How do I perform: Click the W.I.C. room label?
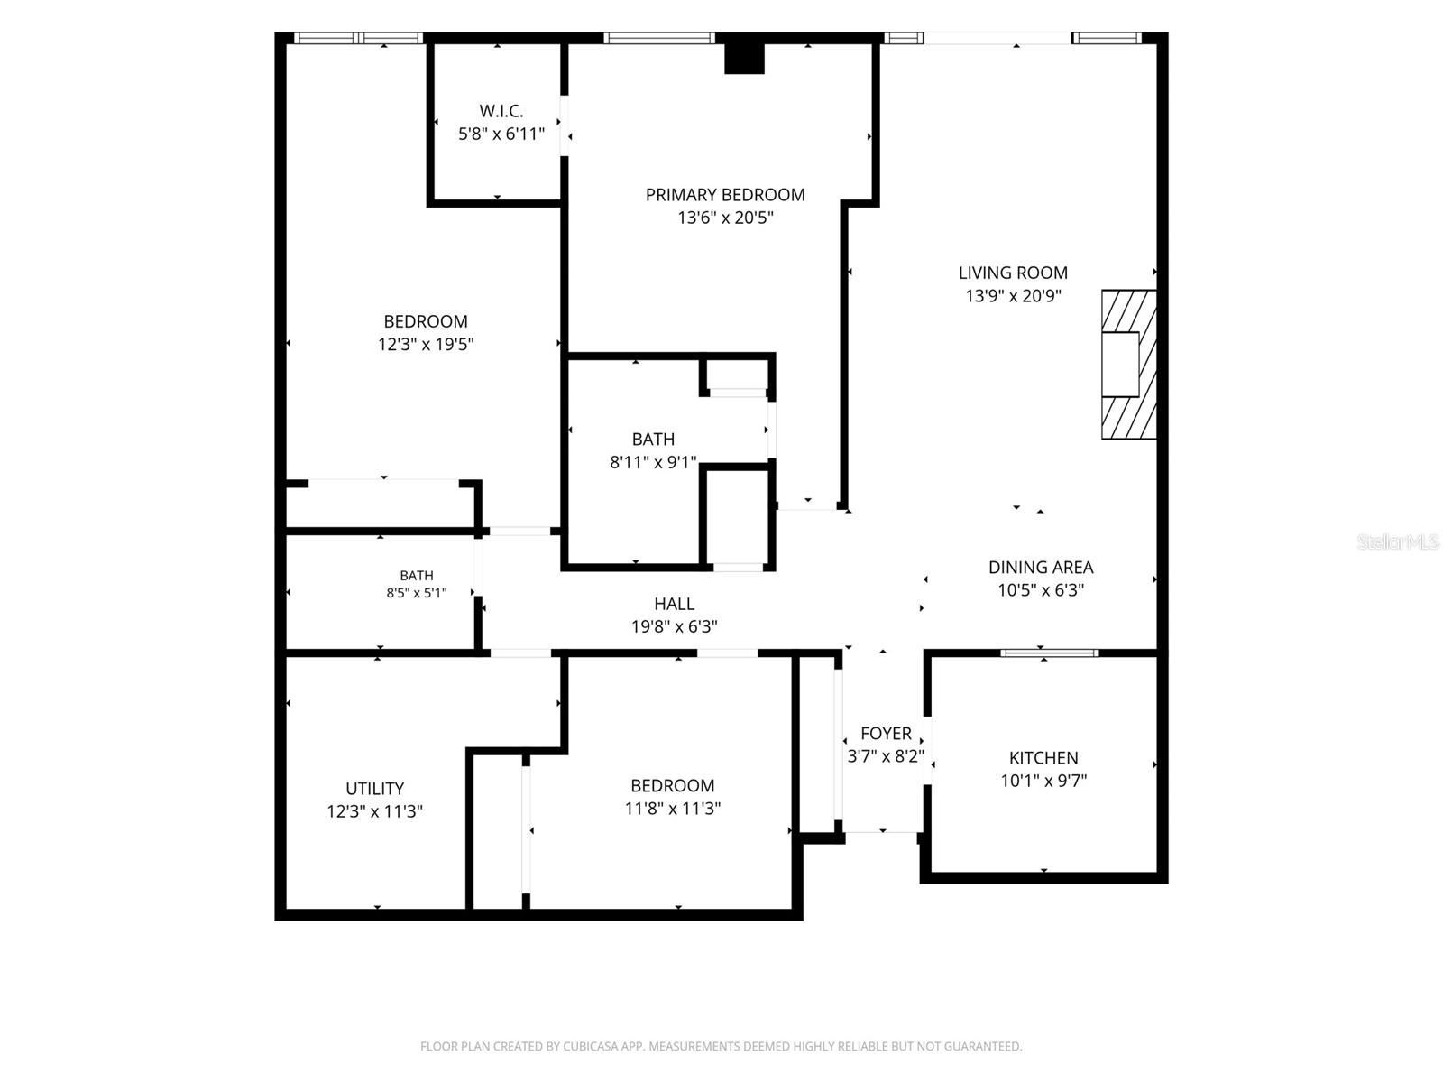501,110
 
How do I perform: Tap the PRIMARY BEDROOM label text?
725,195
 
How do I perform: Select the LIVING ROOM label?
1013,273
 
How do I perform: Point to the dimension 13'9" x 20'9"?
1013,296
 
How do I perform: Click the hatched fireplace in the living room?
1129,365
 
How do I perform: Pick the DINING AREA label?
1041,567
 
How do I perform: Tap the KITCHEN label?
1043,757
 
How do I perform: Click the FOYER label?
886,733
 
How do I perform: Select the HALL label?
674,604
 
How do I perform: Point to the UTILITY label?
374,788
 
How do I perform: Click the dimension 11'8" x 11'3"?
673,808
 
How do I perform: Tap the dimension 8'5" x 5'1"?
416,592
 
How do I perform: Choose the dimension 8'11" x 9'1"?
653,462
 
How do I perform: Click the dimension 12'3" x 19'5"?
426,344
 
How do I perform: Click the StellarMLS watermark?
1398,541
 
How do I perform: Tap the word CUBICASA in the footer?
591,1046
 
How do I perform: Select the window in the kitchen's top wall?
1049,653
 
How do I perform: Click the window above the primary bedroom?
658,38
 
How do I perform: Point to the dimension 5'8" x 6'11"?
501,134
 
